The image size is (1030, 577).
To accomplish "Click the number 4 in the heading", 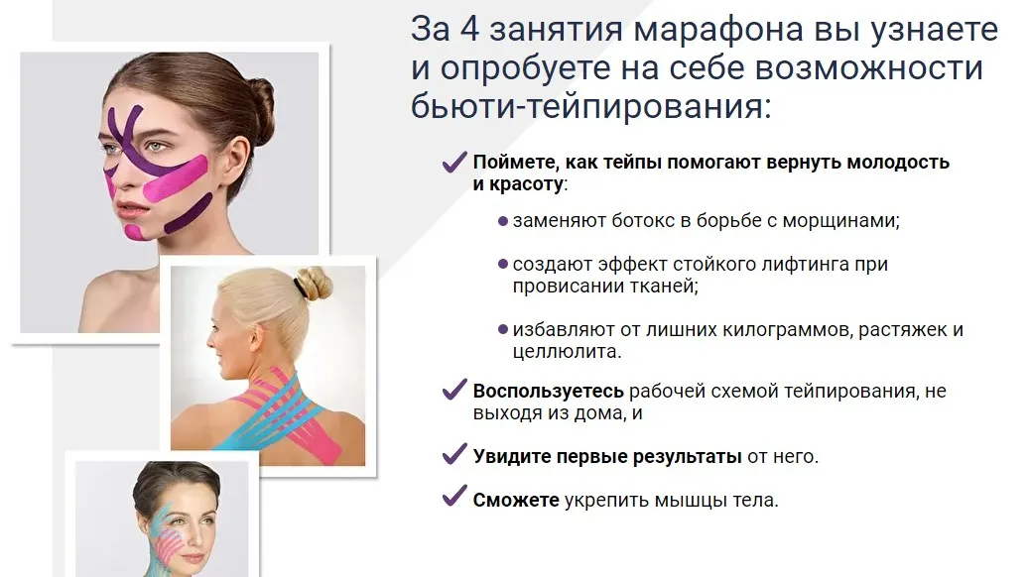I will pyautogui.click(x=472, y=30).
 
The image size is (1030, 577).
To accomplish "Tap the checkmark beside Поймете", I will pyautogui.click(x=454, y=162).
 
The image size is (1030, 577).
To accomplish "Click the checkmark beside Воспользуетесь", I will pyautogui.click(x=454, y=391).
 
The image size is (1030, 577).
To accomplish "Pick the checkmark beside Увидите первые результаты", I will pyautogui.click(x=454, y=456).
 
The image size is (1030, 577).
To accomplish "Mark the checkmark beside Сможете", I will pyautogui.click(x=454, y=499).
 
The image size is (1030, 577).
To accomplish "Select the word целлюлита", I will pyautogui.click(x=566, y=351).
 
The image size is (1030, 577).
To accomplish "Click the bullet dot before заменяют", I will pyautogui.click(x=503, y=220).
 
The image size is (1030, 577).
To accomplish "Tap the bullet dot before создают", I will pyautogui.click(x=503, y=265).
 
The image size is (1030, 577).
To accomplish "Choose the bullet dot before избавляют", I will pyautogui.click(x=503, y=329).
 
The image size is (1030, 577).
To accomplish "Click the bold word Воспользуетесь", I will pyautogui.click(x=548, y=391).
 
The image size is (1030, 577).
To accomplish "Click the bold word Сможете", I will pyautogui.click(x=516, y=500).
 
